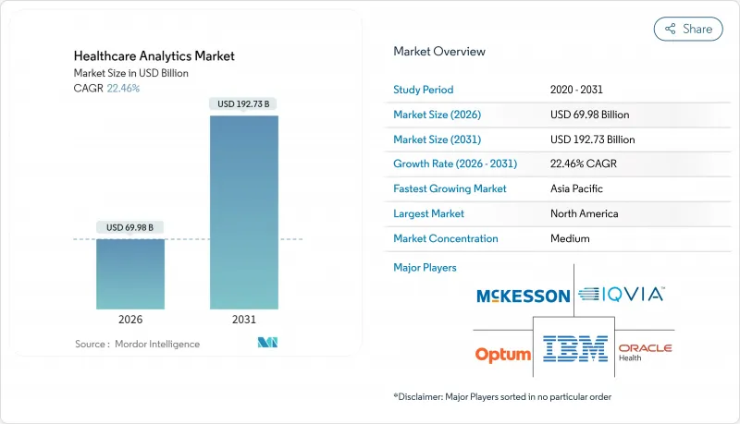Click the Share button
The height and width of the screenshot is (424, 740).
(688, 29)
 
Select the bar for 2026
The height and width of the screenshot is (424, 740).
(130, 274)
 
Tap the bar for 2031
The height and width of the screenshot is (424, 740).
(244, 212)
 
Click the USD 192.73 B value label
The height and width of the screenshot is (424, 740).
(244, 104)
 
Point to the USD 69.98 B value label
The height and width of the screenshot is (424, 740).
(130, 227)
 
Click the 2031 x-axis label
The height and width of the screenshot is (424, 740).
(244, 319)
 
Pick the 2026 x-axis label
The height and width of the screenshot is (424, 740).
(130, 319)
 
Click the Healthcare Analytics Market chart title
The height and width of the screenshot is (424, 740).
(154, 55)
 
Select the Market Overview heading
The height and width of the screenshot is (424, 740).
(439, 52)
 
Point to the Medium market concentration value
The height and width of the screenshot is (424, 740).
(571, 238)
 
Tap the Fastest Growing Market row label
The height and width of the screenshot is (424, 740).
(450, 188)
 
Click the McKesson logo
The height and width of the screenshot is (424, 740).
(523, 297)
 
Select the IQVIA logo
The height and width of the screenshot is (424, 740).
(622, 296)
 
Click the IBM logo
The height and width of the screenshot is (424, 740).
(575, 348)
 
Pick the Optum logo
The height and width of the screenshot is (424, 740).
(503, 354)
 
